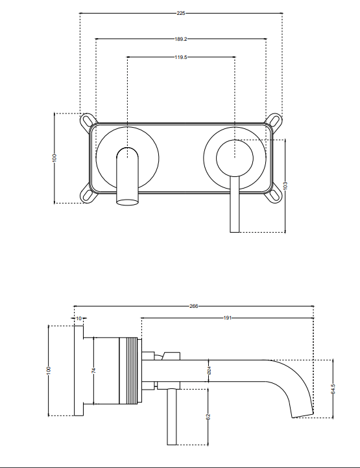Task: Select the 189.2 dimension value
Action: (181, 39)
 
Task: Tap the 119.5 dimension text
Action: (181, 57)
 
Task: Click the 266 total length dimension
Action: (193, 306)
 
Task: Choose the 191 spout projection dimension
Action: (227, 318)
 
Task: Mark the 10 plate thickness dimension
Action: (78, 318)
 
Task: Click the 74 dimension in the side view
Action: (93, 371)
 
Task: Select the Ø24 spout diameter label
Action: (209, 371)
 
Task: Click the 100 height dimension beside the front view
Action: (55, 158)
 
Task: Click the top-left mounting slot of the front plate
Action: (86, 120)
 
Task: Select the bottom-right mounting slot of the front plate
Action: (276, 193)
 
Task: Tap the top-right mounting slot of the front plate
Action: (276, 120)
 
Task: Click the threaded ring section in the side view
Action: (136, 371)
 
